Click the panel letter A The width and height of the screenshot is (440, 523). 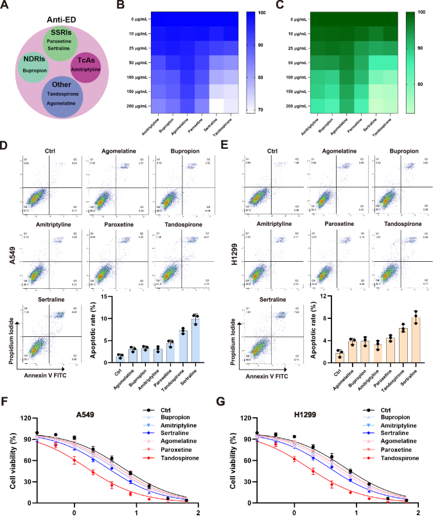(x=6, y=6)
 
